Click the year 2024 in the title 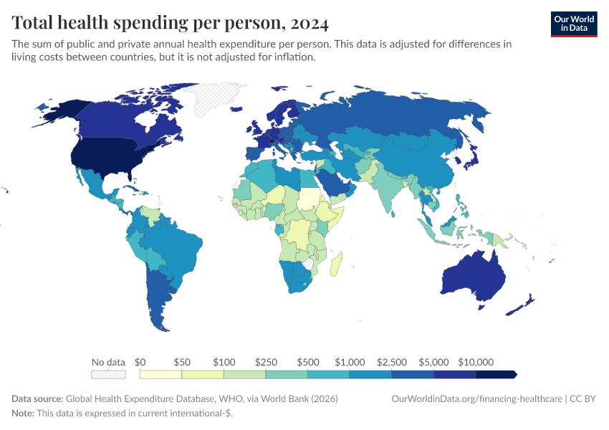click(310, 23)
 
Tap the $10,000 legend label click(476, 362)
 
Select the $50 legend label click(182, 362)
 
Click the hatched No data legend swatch click(108, 374)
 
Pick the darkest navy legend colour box click(496, 374)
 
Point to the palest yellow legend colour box click(161, 374)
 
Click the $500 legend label click(307, 362)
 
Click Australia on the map click(474, 279)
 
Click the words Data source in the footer click(37, 398)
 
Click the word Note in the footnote click(23, 414)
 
